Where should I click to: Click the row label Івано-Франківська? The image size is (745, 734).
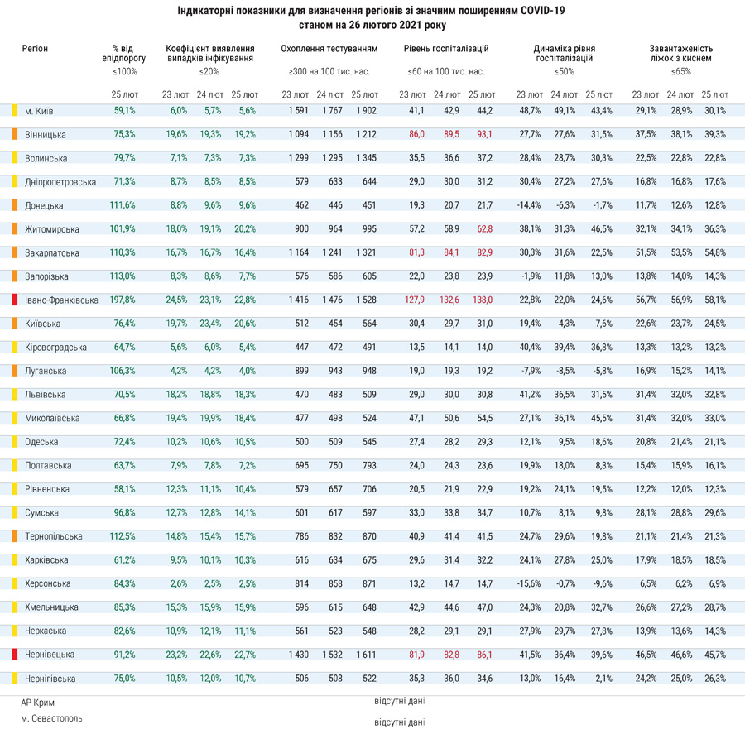tap(61, 300)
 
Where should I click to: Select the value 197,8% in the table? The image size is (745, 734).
tap(123, 300)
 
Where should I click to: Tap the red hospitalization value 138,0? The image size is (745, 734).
tap(483, 300)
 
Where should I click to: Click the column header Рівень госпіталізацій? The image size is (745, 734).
tap(446, 49)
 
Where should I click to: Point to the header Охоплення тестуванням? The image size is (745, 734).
tap(329, 49)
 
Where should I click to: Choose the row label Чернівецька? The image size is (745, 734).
tap(50, 655)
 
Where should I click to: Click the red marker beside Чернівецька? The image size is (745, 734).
tap(15, 655)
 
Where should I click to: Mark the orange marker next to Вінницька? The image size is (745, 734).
tap(15, 134)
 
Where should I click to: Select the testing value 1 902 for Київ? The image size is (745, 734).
tap(367, 111)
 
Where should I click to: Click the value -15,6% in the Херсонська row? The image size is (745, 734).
tap(529, 583)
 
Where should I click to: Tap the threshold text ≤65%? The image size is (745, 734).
tap(681, 72)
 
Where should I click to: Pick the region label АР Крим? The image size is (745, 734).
tap(37, 703)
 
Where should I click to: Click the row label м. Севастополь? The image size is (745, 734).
tap(51, 719)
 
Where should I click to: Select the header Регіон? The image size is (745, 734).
tap(35, 49)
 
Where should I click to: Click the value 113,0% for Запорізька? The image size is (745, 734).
tap(123, 276)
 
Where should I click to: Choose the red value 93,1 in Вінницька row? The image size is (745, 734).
tap(484, 134)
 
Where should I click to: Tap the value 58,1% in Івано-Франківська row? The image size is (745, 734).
tap(715, 300)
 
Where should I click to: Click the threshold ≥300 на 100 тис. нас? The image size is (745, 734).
tap(329, 72)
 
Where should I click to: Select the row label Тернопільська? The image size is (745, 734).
tap(54, 536)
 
